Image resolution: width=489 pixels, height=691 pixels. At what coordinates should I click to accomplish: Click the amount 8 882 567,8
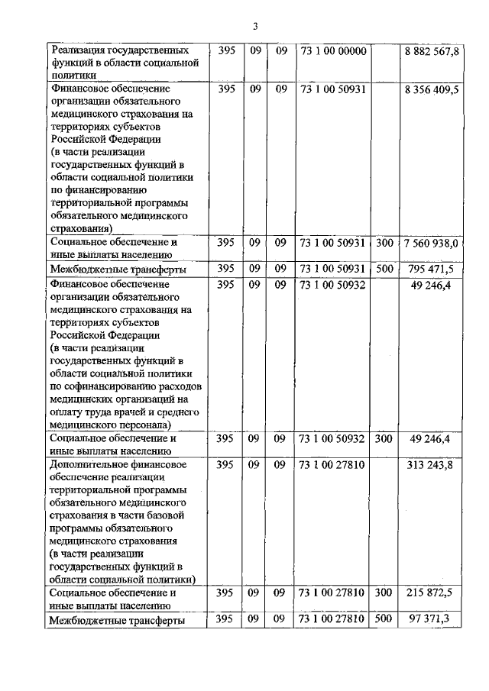tap(432, 51)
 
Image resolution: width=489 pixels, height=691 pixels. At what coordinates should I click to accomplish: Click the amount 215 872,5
tap(436, 593)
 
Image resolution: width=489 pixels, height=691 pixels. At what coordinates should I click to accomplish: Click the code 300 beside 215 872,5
tap(384, 593)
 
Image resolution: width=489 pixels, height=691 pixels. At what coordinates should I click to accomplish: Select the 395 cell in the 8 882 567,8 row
tap(226, 51)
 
